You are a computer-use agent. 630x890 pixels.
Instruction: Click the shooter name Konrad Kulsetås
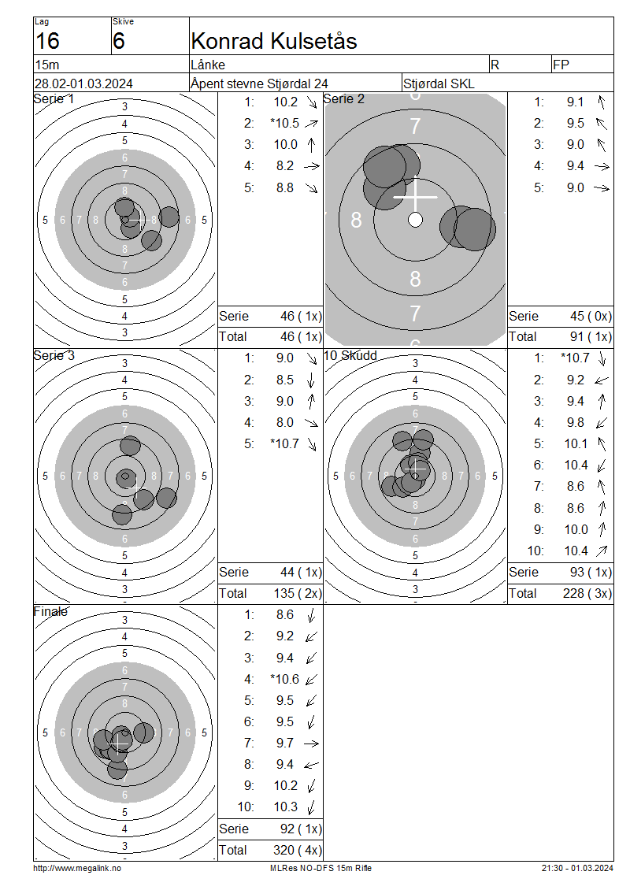[x=274, y=41]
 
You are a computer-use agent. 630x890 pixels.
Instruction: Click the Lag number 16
[x=47, y=41]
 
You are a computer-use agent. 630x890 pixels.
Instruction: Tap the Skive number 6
[x=119, y=41]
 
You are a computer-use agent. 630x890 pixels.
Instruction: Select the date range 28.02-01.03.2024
[x=83, y=83]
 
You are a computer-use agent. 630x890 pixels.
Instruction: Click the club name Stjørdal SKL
[x=439, y=83]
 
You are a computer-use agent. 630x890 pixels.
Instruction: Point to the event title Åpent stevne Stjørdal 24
[x=259, y=83]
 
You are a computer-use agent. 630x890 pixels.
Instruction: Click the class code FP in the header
[x=561, y=65]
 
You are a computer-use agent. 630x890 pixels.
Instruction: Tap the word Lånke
[x=209, y=65]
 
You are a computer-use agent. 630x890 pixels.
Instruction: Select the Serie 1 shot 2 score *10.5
[x=285, y=123]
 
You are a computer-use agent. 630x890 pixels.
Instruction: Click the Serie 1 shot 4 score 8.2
[x=285, y=165]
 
